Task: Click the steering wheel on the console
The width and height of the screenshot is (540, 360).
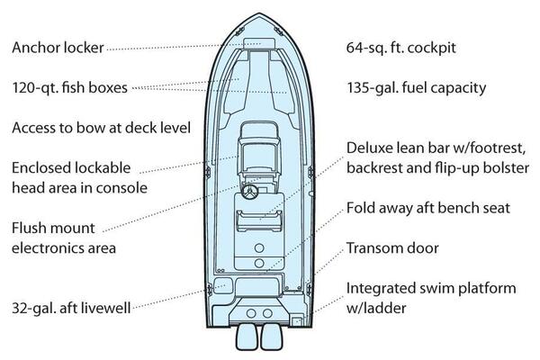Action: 249,192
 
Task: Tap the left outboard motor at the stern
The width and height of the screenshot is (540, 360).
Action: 247,337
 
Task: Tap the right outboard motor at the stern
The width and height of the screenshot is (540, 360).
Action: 272,337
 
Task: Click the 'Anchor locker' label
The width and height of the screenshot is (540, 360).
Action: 58,48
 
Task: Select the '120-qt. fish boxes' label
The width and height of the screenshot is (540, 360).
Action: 69,87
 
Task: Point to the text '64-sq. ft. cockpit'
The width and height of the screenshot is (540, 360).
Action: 401,48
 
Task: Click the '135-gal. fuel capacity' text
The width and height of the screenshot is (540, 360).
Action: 417,87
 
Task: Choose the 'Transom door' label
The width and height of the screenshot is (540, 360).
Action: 392,248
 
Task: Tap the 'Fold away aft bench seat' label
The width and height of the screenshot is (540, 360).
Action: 428,208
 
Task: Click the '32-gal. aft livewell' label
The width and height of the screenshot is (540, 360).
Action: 71,308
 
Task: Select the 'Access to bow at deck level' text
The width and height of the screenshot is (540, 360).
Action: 101,128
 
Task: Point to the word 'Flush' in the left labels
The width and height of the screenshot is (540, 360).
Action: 28,228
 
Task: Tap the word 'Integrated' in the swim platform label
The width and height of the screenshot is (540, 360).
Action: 382,288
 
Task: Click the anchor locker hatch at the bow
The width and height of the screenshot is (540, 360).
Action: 259,44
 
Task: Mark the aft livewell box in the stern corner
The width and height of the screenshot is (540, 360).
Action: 223,285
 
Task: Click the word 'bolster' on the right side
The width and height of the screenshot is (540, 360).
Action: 506,168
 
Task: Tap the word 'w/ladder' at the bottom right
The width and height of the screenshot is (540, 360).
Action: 376,308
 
